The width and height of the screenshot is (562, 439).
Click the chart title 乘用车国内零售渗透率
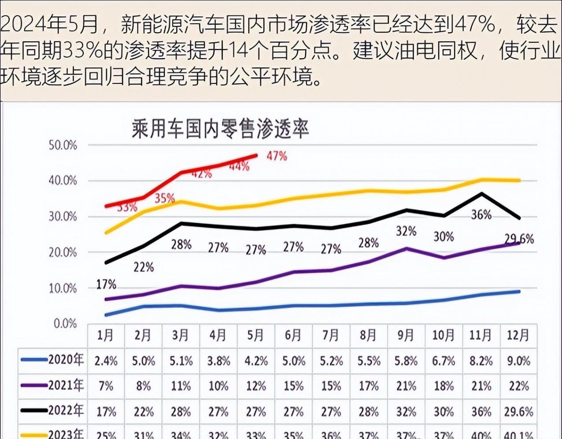(220, 129)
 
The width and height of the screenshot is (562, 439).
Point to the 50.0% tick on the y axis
(63, 145)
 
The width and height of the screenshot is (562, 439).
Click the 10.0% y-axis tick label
(63, 289)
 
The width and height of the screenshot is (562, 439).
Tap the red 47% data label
(277, 156)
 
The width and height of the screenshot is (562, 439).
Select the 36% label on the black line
(481, 215)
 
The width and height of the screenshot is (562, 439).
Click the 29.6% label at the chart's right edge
(519, 239)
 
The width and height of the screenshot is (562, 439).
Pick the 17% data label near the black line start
(106, 285)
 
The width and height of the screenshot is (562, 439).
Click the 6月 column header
(293, 336)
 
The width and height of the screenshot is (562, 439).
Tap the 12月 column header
(518, 336)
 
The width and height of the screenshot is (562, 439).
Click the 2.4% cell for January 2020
(106, 361)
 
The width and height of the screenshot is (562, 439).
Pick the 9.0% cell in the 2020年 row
(518, 361)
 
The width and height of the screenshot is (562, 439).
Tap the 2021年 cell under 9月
(406, 386)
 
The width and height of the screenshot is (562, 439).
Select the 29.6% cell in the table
(518, 412)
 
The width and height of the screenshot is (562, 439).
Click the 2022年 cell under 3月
(181, 412)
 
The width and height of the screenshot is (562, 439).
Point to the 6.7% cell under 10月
(443, 361)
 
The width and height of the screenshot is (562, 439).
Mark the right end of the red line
(256, 155)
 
